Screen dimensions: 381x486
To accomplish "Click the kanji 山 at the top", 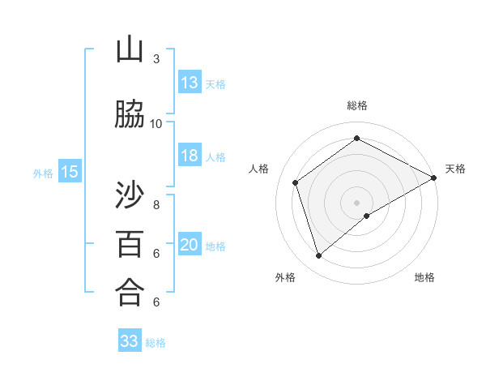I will coord(130,51).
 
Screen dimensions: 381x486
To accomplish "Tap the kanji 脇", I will coord(130,114).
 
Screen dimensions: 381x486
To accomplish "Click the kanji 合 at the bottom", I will coord(130,292).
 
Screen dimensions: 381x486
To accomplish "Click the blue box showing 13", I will coord(190,83).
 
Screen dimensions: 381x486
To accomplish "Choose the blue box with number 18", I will coord(190,156).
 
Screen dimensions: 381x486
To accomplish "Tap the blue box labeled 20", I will coord(190,245).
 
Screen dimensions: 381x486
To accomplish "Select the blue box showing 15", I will coord(70,172).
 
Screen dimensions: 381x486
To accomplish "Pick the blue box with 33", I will coord(130,341).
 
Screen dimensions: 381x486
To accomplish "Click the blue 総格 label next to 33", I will coord(156,343).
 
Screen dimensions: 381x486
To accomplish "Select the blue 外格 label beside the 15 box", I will coord(43,173).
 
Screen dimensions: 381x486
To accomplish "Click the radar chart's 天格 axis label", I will coord(455,169).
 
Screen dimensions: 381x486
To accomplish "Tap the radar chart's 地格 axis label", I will coord(424,277).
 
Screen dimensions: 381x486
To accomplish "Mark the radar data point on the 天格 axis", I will coord(433,177).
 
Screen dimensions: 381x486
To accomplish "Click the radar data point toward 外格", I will coord(318,256).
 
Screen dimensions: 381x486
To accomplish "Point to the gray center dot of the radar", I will coord(356,201).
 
